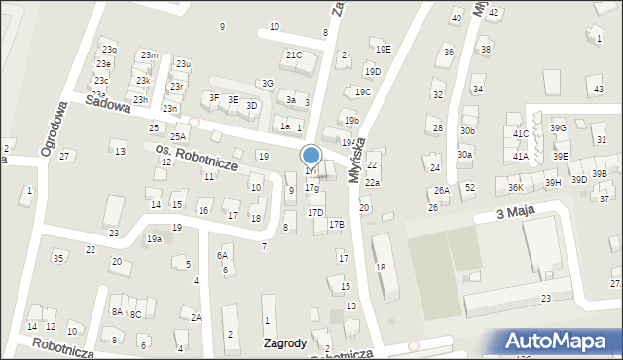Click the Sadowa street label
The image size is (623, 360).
coord(107,104)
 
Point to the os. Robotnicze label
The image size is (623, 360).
coord(197,159)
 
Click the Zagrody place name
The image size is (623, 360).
coord(285,342)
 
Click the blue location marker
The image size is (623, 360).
coord(311,156)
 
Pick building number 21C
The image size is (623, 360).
coord(293,55)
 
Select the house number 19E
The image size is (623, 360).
coord(383,49)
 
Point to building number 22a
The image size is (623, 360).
coord(372,183)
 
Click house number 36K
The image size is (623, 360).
coord(516,187)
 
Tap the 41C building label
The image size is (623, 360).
coord(521,134)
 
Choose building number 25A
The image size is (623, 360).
coord(178,137)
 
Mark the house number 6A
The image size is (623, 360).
coord(222,255)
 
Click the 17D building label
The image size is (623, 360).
coord(315,212)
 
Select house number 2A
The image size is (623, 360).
coord(196,318)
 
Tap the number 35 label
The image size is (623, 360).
coord(58,258)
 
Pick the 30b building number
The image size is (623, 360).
coord(468,130)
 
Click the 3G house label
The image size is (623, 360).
coord(267,84)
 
